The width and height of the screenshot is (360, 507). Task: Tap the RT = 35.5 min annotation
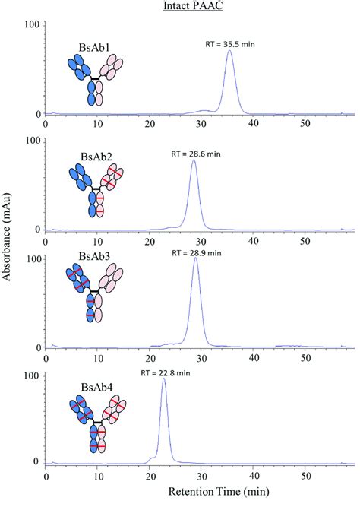pyautogui.click(x=230, y=43)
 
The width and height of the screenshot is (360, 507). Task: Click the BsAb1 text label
pyautogui.click(x=93, y=47)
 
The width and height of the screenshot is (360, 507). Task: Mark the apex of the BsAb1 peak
pyautogui.click(x=230, y=51)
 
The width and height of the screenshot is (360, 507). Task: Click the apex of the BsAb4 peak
pyautogui.click(x=164, y=379)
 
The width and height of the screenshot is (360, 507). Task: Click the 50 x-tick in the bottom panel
pyautogui.click(x=305, y=475)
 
